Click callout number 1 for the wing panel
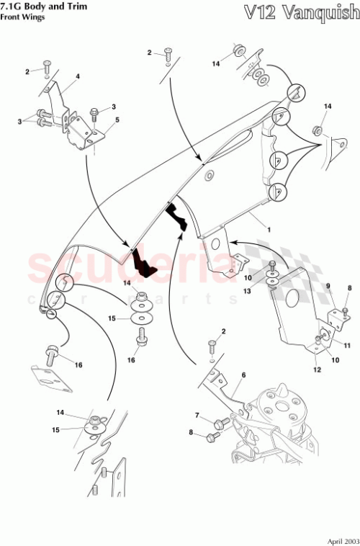[x=269, y=228]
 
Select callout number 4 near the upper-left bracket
[x=78, y=76]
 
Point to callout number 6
[x=243, y=375]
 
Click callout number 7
[x=196, y=416]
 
